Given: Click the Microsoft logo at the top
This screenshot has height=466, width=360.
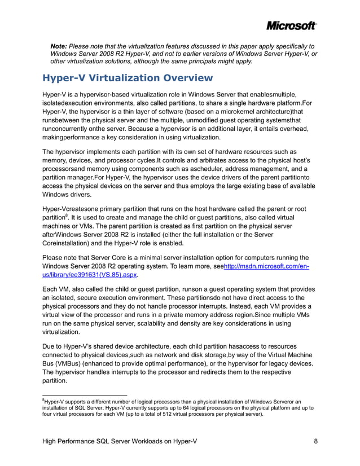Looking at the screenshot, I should click(291, 26).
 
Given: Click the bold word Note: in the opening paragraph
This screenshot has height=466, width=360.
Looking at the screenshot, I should click(60, 45).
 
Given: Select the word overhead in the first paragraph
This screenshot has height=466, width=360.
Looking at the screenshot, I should click(291, 129).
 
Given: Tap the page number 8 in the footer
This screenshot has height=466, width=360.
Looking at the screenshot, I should click(315, 442).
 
